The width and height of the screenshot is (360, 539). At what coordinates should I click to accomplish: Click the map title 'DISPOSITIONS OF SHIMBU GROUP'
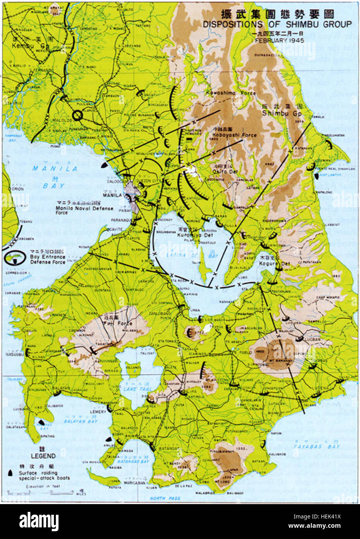[277, 24]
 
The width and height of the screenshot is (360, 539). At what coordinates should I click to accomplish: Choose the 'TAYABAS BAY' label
[311, 446]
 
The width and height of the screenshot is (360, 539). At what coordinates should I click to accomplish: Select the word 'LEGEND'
[43, 456]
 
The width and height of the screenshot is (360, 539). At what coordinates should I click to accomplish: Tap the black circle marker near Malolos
[77, 114]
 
